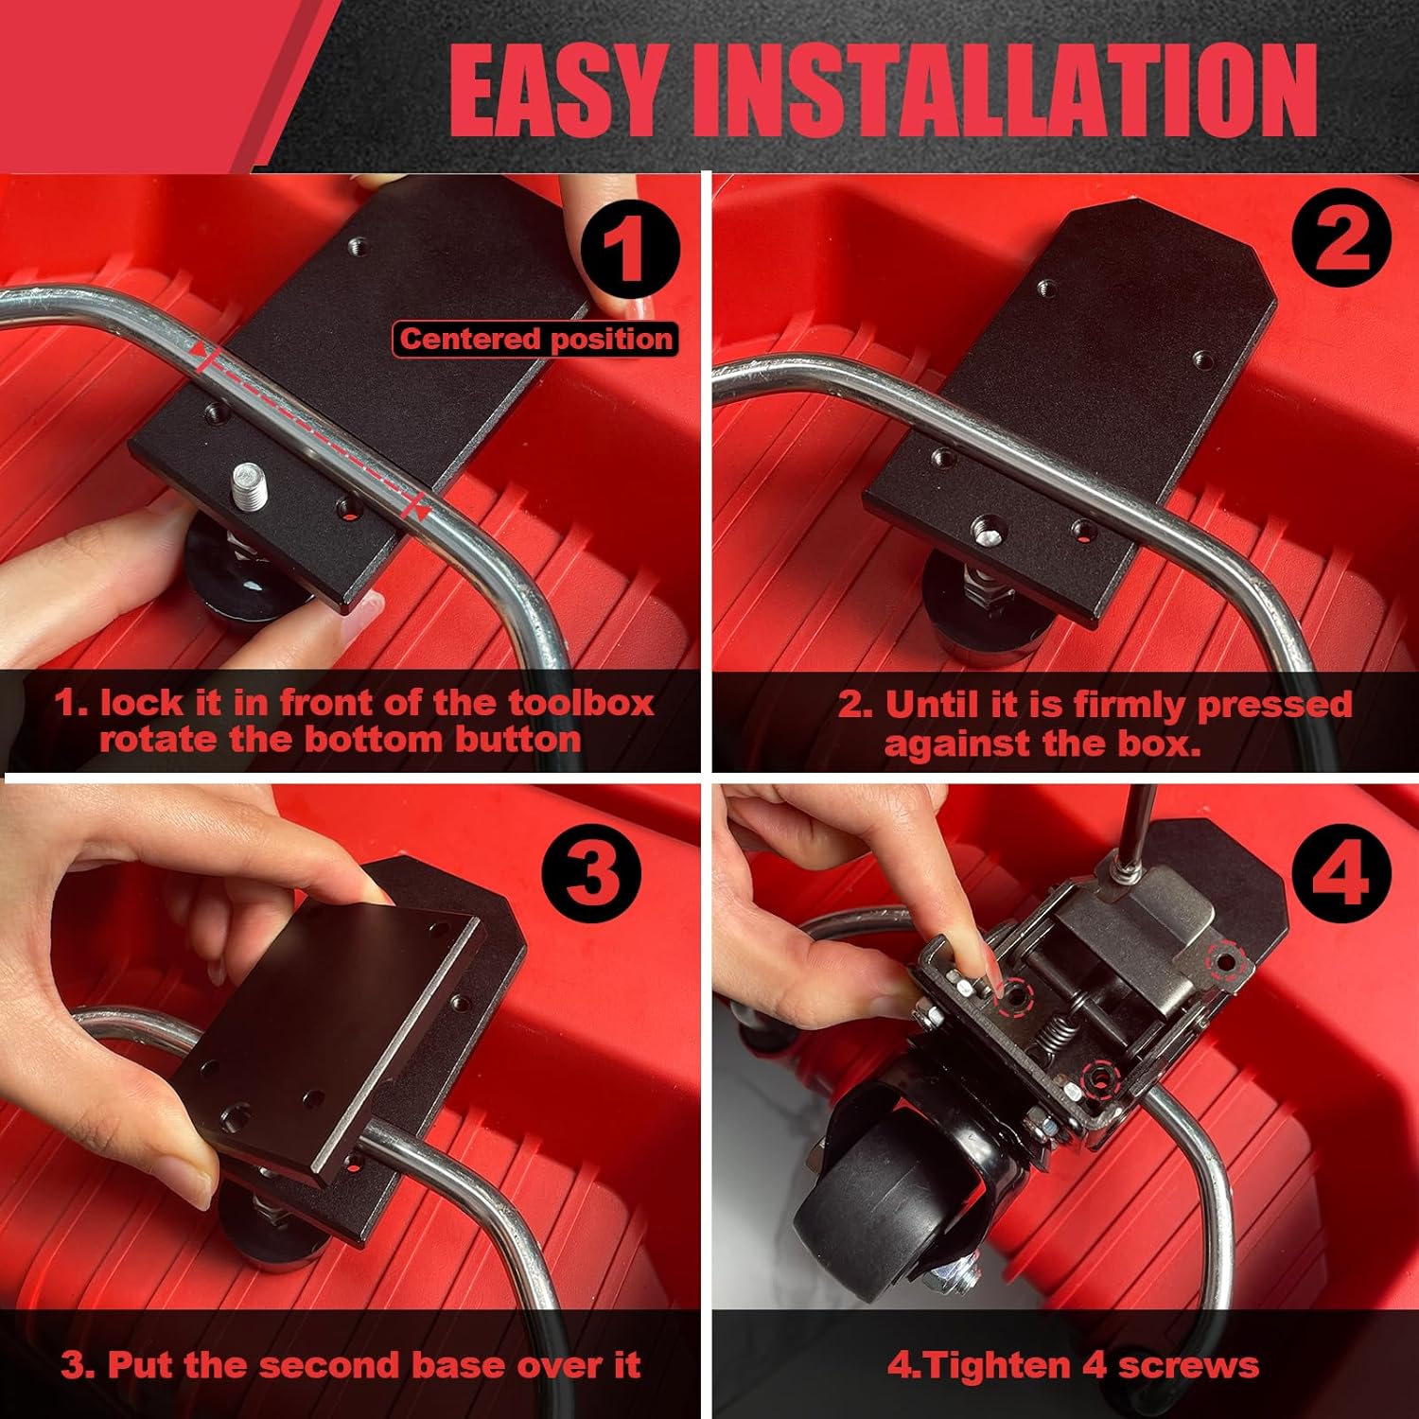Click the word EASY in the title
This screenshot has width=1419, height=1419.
(x=554, y=91)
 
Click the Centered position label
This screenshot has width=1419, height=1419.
(x=535, y=339)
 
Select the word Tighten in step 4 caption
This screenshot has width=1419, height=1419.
(x=1001, y=1366)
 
